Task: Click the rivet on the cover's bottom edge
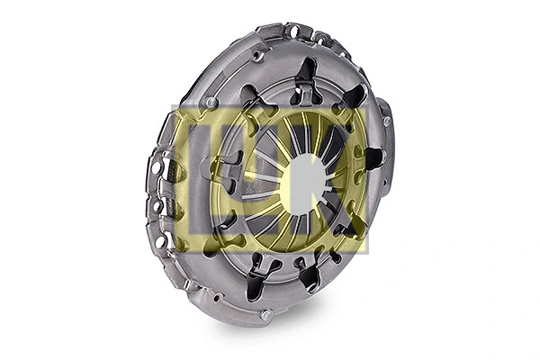(x=265, y=314)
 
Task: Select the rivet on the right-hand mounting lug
(x=386, y=121)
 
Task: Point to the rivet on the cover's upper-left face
(x=211, y=103)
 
